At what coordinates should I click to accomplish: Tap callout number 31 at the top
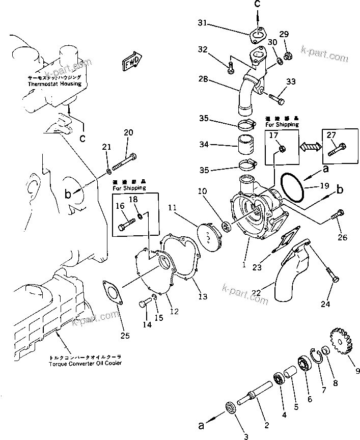click(x=203, y=24)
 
